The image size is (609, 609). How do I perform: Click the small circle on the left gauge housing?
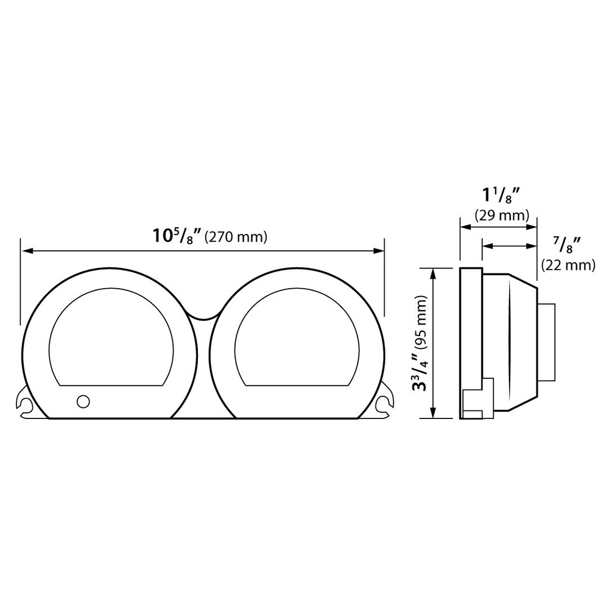[83, 401]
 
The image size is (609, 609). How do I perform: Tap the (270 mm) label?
[236, 236]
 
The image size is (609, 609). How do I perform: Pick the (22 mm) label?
[568, 265]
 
